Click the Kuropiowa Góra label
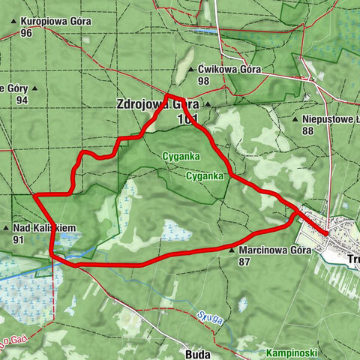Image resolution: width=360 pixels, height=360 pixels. click(x=57, y=22)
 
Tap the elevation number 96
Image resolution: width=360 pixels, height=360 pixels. click(x=27, y=33)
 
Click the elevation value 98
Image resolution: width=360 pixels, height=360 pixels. click(x=203, y=80)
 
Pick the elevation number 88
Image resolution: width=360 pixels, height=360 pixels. click(x=307, y=130)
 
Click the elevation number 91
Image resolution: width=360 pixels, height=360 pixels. click(x=18, y=239)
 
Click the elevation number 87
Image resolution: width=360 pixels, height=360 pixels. click(x=244, y=262)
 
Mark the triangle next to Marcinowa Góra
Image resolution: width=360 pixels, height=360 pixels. click(x=232, y=251)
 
